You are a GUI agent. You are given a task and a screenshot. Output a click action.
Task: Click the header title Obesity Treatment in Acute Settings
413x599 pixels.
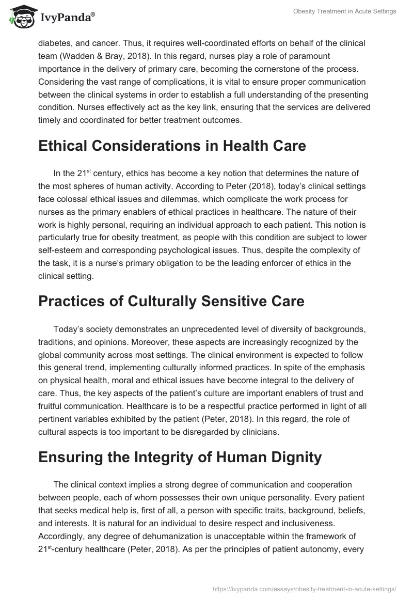click(345, 11)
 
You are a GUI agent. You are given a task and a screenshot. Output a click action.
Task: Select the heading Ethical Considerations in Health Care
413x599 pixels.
click(172, 146)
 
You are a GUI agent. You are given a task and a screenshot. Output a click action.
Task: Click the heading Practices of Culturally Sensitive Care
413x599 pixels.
click(171, 301)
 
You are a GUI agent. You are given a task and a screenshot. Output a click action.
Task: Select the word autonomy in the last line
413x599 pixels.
click(317, 535)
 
